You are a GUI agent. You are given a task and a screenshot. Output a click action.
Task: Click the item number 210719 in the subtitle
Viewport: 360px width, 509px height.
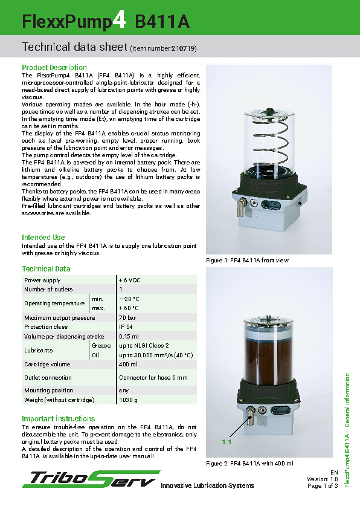click(183, 48)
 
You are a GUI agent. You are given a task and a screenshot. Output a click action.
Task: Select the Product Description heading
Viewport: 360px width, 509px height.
click(54, 67)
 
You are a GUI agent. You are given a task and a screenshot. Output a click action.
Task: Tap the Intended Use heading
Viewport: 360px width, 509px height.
click(43, 238)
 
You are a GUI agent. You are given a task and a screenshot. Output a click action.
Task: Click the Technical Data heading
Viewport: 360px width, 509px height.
click(46, 269)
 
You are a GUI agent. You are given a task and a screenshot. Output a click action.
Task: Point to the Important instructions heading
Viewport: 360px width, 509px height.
click(59, 419)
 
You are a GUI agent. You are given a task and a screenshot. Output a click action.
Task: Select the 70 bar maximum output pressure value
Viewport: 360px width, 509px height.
click(127, 317)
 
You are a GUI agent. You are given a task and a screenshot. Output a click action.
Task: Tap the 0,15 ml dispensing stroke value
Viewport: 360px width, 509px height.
click(129, 337)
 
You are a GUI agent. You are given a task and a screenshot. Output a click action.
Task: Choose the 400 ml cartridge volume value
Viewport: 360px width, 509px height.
click(128, 365)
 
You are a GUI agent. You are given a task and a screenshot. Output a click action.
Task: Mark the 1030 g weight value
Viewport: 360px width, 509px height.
click(128, 400)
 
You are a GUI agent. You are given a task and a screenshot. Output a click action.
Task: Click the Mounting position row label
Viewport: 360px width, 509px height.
click(49, 391)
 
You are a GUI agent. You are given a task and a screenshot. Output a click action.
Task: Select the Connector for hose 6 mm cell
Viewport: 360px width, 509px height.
click(153, 378)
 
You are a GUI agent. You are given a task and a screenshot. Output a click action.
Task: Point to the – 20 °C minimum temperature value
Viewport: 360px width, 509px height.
click(130, 299)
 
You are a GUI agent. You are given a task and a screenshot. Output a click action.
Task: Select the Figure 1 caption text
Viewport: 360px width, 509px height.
click(248, 261)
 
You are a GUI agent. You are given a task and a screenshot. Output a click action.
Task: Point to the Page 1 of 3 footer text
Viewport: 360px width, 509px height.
click(323, 485)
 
